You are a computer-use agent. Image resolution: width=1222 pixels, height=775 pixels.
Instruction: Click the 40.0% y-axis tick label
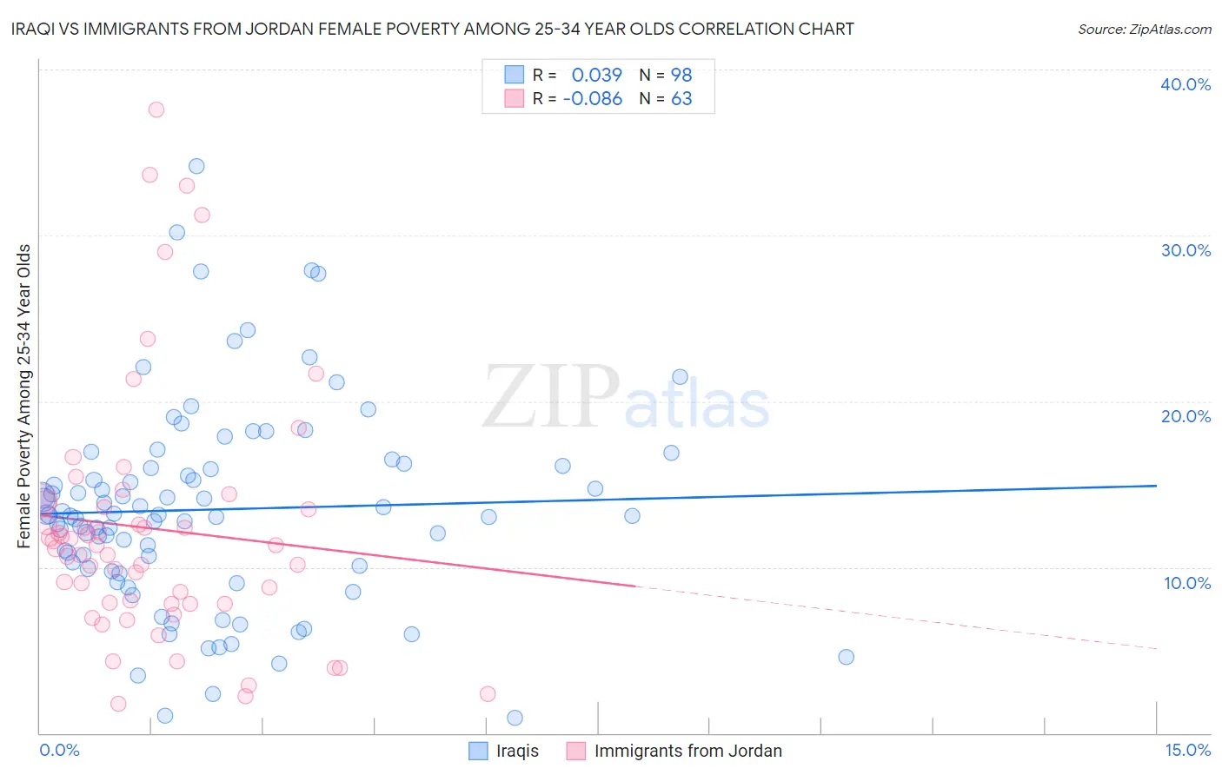pos(1185,84)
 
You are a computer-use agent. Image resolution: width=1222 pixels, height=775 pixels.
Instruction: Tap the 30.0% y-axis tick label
pos(1185,250)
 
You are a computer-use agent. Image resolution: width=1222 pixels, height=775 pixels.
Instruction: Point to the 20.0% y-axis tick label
pos(1185,416)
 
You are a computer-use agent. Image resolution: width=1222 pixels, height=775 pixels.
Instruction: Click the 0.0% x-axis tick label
pos(59,750)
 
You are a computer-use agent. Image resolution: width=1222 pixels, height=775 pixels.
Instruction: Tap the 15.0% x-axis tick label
pos(1187,750)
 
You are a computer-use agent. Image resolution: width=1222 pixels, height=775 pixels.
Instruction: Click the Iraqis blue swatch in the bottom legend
pos(478,751)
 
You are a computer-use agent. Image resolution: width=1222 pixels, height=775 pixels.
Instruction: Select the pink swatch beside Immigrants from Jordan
pos(576,751)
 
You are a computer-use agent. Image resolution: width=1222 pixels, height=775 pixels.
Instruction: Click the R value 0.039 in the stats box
pos(596,75)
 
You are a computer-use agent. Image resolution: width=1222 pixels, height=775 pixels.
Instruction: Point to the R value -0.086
pos(593,99)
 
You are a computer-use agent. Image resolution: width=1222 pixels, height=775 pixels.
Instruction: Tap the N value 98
pos(681,75)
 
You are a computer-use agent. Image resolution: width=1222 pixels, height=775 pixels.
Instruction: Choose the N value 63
pos(681,99)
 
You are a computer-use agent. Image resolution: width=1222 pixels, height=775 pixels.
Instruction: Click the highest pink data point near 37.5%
pos(156,109)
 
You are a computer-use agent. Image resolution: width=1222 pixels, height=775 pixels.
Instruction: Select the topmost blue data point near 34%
pos(196,166)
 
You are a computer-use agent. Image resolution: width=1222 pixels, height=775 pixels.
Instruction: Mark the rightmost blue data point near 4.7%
pos(846,657)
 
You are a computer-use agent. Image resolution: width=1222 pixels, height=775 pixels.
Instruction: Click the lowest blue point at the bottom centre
pos(515,718)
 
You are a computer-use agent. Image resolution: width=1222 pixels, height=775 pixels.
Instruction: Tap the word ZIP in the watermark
pos(551,397)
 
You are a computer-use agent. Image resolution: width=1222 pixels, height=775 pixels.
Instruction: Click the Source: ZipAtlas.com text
pos(1144,30)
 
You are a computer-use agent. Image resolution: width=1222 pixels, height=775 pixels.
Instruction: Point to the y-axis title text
pos(24,396)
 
